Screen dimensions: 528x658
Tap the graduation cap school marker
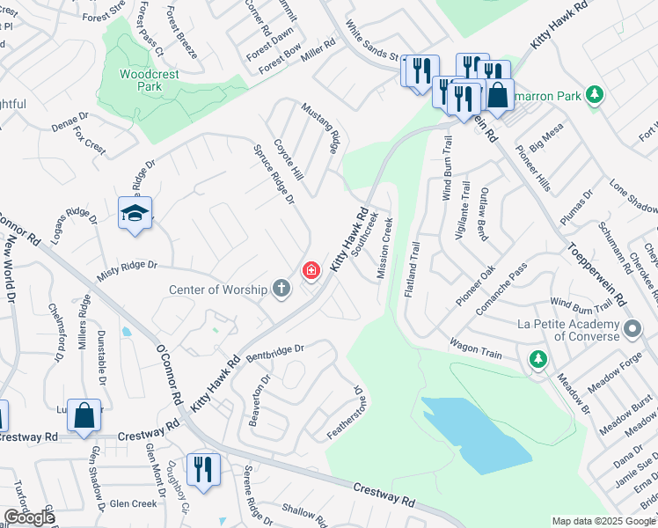point(135,214)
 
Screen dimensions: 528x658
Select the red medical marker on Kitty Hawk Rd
point(311,271)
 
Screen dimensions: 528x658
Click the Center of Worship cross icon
point(281,289)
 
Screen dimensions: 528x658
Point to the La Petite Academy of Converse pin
point(632,331)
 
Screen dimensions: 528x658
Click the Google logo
point(28,517)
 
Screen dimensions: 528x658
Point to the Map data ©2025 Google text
point(603,521)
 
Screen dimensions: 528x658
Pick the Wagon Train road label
point(475,348)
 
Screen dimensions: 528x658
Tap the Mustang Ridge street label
point(320,128)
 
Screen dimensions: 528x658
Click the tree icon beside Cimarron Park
point(596,94)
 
